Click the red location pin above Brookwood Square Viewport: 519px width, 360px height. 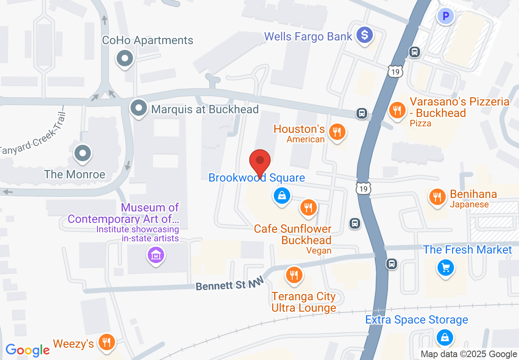pos(260,161)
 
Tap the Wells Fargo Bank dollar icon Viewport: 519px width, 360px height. pos(364,35)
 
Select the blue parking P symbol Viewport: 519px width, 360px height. pos(446,17)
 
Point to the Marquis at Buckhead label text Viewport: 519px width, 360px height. pos(205,109)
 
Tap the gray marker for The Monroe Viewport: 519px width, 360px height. pos(83,154)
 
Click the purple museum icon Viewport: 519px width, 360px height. pos(156,256)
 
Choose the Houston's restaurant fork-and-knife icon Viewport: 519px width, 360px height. pos(337,132)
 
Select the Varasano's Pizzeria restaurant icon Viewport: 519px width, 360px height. pos(396,110)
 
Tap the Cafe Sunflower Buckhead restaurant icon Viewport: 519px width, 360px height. pos(308,207)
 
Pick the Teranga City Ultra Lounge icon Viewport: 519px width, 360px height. pos(293,274)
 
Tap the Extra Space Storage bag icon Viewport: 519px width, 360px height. pos(444,337)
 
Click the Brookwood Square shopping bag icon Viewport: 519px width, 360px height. pos(282,196)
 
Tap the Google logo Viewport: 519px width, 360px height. pos(27,350)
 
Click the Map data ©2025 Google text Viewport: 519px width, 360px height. pos(469,354)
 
